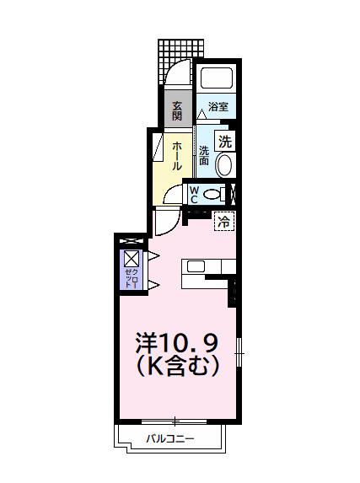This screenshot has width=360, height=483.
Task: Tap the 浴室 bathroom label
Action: pyautogui.click(x=220, y=106)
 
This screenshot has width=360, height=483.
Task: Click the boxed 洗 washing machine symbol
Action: pyautogui.click(x=225, y=142)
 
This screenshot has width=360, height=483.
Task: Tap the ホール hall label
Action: pyautogui.click(x=177, y=156)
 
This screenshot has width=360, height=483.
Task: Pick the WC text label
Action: pyautogui.click(x=193, y=195)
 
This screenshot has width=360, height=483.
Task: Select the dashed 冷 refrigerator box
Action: pyautogui.click(x=224, y=223)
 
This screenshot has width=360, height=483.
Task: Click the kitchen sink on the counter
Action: pyautogui.click(x=196, y=267)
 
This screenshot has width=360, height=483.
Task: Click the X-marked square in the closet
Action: pyautogui.click(x=132, y=258)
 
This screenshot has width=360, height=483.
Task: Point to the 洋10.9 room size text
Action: pyautogui.click(x=178, y=342)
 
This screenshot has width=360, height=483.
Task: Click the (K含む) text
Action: pyautogui.click(x=178, y=367)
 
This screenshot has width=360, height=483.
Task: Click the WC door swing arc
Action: pyautogui.click(x=171, y=196)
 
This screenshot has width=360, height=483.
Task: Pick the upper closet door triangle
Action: pyautogui.click(x=153, y=255)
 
